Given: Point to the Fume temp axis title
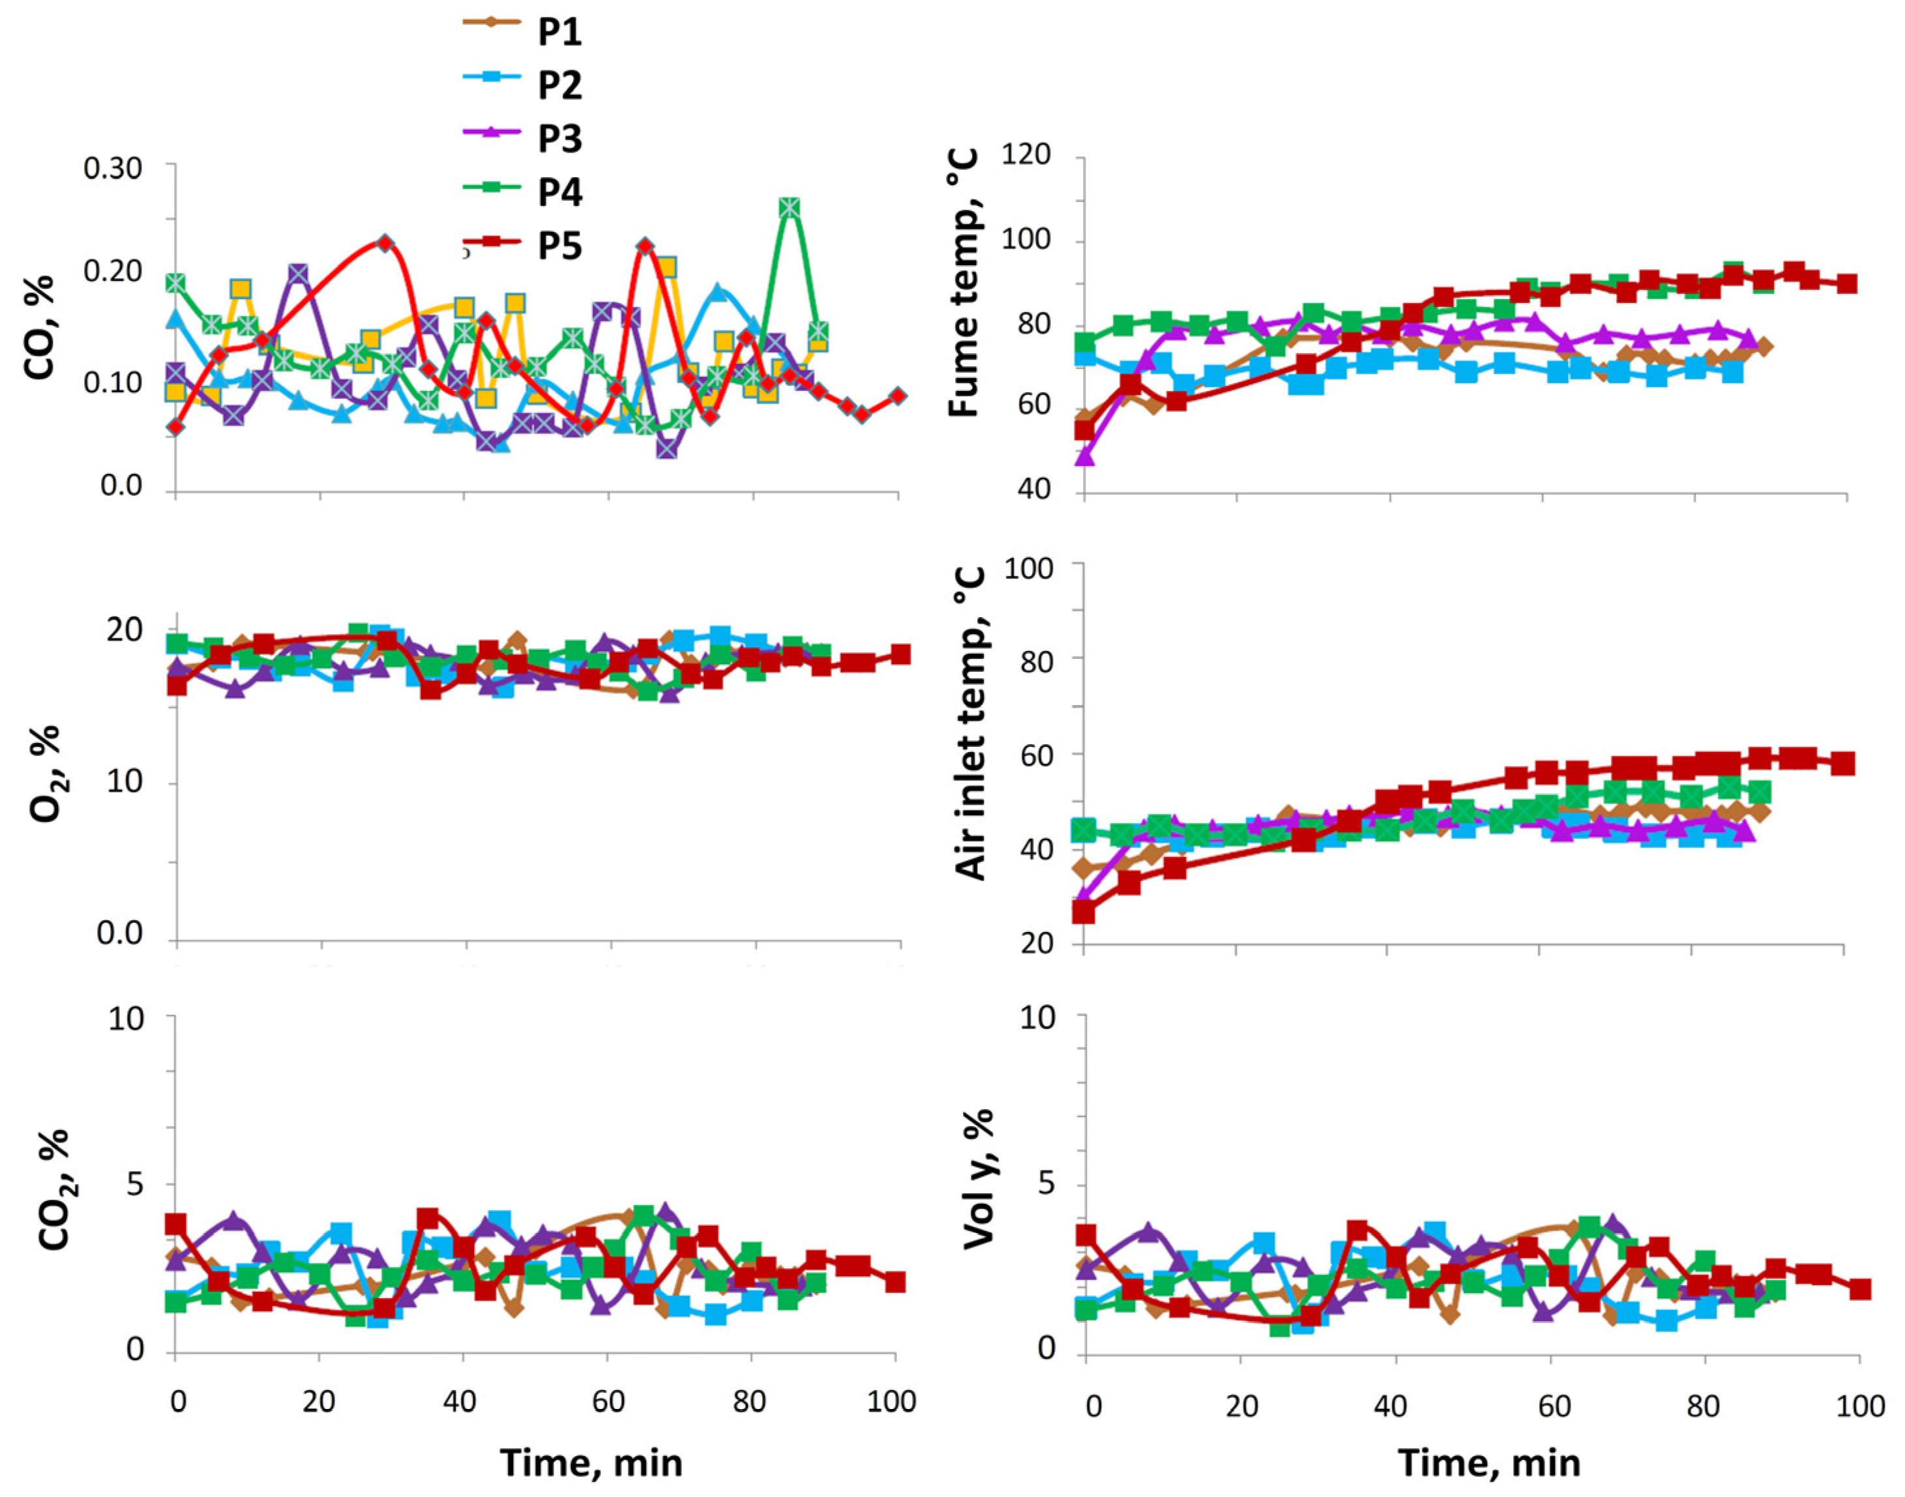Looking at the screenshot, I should point(964,282).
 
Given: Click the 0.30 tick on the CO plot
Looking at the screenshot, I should point(112,167).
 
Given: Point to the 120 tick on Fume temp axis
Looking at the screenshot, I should point(1027,155).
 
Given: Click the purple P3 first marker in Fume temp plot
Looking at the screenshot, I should point(1084,456).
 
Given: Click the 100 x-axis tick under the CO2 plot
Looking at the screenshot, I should point(892,1401).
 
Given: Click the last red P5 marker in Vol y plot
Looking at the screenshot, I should point(1859,1289).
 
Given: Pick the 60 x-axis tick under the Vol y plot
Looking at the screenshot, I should point(1552,1406).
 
